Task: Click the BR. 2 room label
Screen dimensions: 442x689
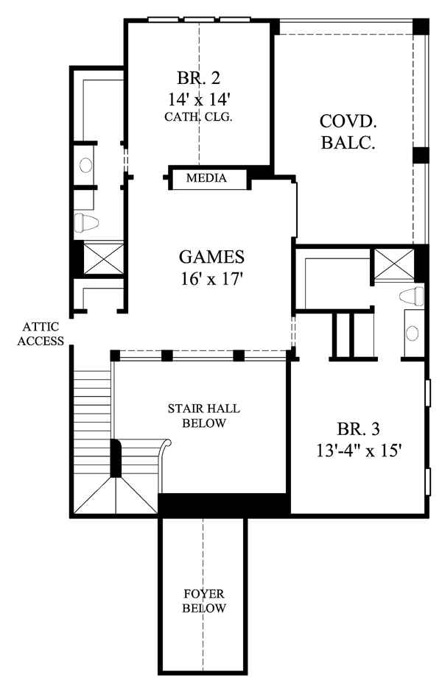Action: pos(199,78)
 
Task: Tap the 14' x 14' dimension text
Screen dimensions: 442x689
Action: pos(199,100)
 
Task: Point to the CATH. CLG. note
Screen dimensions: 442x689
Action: pos(198,117)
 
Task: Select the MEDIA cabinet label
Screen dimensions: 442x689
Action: pos(206,178)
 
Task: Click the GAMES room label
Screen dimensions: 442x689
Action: pos(211,257)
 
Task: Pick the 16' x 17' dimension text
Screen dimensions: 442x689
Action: pos(212,278)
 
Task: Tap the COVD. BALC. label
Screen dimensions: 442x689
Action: pos(348,132)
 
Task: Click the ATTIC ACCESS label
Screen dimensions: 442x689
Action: pos(41,334)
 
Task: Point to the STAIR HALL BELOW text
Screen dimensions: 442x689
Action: pos(203,416)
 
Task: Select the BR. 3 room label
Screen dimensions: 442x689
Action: pos(358,429)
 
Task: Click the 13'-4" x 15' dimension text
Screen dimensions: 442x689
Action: pos(359,451)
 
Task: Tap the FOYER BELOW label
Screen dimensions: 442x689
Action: pos(204,601)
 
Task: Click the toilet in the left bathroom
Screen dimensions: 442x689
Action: pos(86,223)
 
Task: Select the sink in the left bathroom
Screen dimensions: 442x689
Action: pos(85,165)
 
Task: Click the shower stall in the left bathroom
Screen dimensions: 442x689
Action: pos(104,258)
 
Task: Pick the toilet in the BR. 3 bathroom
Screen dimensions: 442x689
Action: pos(412,296)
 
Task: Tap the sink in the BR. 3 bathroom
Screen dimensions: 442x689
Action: pos(412,333)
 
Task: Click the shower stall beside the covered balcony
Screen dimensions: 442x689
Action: pos(394,264)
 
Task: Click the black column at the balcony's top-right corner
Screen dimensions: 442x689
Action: pos(421,26)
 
